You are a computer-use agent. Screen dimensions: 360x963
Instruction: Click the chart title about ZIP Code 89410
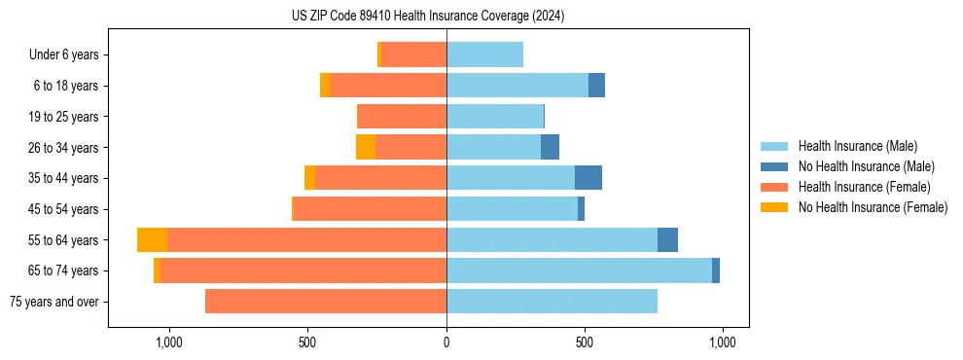click(428, 17)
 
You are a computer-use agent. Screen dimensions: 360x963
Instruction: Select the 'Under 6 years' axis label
click(64, 55)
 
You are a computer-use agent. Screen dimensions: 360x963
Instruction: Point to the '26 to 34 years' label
click(64, 148)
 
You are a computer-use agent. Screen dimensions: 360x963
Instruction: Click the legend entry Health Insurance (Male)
click(857, 146)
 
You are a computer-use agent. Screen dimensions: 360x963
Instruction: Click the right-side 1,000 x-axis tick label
click(722, 343)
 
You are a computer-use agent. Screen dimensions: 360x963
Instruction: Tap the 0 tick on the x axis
click(446, 343)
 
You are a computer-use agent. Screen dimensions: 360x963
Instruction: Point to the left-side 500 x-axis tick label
click(307, 343)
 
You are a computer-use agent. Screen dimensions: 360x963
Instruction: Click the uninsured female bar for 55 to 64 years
click(152, 240)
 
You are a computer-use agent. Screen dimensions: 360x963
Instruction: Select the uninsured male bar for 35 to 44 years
click(588, 178)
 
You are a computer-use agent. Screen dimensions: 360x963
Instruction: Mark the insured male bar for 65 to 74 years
click(579, 270)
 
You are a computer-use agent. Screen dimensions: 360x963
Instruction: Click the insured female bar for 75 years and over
click(326, 302)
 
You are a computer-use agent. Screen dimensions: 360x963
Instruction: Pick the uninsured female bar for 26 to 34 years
click(366, 148)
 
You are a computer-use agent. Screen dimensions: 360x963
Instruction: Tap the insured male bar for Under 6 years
click(484, 55)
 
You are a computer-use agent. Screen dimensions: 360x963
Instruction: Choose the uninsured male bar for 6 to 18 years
click(596, 86)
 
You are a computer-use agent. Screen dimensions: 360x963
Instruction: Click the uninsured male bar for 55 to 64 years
click(667, 240)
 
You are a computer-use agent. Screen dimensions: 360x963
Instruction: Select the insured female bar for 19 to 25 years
click(403, 117)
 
